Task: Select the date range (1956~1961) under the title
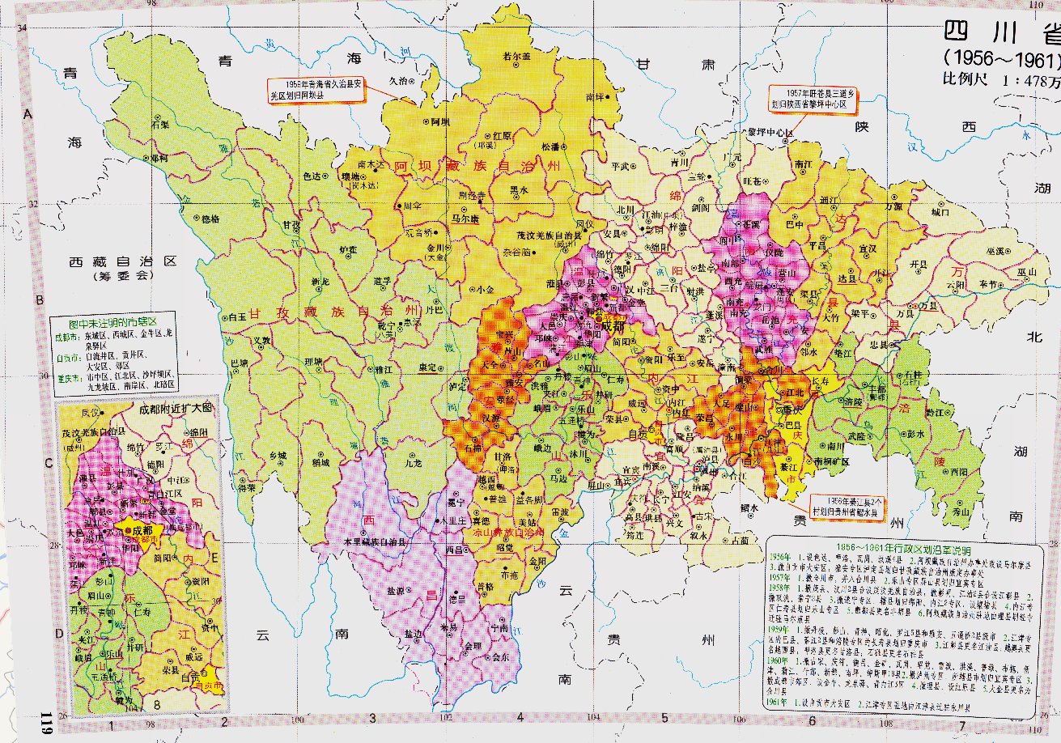pos(1000,60)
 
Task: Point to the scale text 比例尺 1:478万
pos(1000,80)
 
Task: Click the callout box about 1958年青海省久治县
pos(316,88)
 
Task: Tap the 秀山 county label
pos(960,512)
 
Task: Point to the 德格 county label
pos(210,219)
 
